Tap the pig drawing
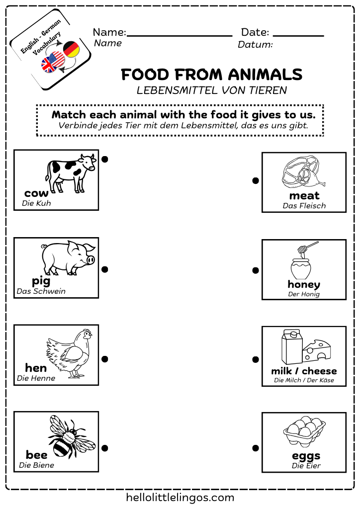pyautogui.click(x=68, y=258)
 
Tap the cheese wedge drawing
pyautogui.click(x=317, y=350)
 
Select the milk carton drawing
pyautogui.click(x=290, y=347)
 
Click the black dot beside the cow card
pyautogui.click(x=105, y=159)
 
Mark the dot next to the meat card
pyautogui.click(x=256, y=180)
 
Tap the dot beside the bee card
pyautogui.click(x=105, y=448)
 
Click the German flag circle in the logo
pyautogui.click(x=72, y=49)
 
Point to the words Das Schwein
pyautogui.click(x=41, y=291)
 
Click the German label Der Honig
pyautogui.click(x=304, y=294)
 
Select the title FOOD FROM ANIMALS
pyautogui.click(x=212, y=75)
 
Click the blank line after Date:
pyautogui.click(x=298, y=35)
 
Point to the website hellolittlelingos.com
pyautogui.click(x=180, y=497)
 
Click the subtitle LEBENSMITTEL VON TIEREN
pyautogui.click(x=212, y=90)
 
